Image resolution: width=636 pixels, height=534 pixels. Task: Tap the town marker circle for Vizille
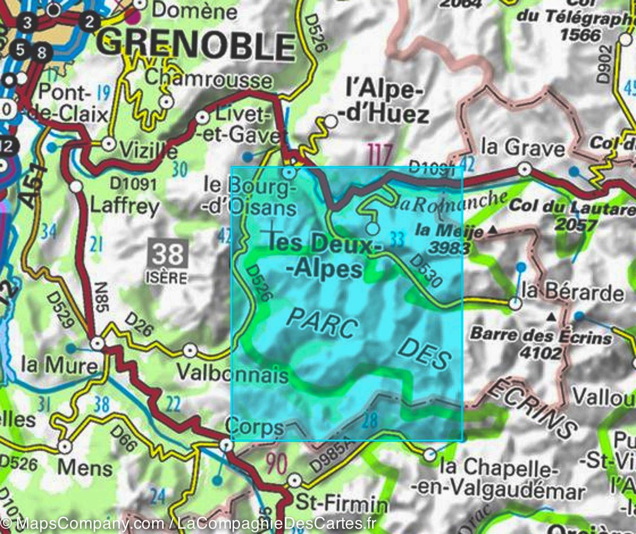coord(109,143)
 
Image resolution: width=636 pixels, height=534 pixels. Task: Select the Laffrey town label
coord(125,206)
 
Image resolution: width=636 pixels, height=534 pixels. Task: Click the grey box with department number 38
coord(168,254)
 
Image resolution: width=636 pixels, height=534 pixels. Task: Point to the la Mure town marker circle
coord(97,344)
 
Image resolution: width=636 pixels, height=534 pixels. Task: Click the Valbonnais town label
coord(232,374)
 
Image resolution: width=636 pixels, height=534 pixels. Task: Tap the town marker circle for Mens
coord(65,447)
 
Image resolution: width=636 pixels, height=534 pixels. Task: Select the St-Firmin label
coord(341,502)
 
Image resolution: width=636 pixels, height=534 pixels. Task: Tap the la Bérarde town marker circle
coord(515,303)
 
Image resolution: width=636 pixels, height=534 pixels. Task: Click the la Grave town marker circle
coord(524,169)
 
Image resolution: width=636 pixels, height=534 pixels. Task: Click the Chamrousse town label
coord(208,80)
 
